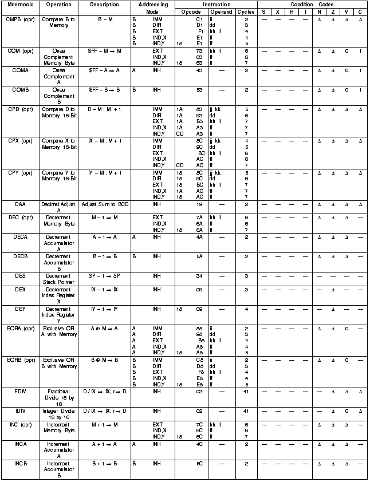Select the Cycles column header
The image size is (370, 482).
coord(246,11)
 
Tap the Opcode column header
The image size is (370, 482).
coord(191,11)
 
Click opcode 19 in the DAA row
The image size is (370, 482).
coord(200,203)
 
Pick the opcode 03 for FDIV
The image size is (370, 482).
coord(200,392)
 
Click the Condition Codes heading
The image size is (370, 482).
coord(313,4)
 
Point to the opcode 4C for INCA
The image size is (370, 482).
coord(200,442)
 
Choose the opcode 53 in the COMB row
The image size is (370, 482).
coord(200,90)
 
